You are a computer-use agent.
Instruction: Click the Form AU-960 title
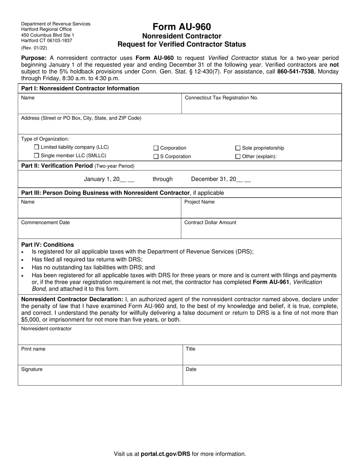click(x=182, y=27)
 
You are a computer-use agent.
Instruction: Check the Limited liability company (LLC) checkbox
click(x=36, y=147)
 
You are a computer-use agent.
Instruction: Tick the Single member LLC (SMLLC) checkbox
click(x=36, y=155)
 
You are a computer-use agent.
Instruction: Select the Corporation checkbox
click(x=156, y=148)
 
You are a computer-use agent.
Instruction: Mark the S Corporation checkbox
click(x=156, y=156)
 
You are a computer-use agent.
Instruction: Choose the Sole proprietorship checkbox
click(x=238, y=148)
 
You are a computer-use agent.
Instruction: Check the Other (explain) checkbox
click(x=238, y=156)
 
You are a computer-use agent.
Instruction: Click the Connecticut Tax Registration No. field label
click(x=221, y=98)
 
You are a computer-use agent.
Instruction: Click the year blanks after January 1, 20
click(x=127, y=179)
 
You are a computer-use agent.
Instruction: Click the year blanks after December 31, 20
click(x=243, y=179)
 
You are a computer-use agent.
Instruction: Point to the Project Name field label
click(x=199, y=202)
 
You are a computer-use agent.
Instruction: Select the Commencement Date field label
click(x=45, y=222)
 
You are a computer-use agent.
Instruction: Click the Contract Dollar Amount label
click(x=210, y=222)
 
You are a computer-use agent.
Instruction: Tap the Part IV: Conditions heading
click(x=48, y=245)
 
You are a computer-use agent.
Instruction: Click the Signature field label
click(x=32, y=369)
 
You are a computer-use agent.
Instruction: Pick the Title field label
click(x=190, y=349)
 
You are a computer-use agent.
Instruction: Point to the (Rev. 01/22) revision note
click(x=34, y=48)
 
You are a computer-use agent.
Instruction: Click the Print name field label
click(x=33, y=349)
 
